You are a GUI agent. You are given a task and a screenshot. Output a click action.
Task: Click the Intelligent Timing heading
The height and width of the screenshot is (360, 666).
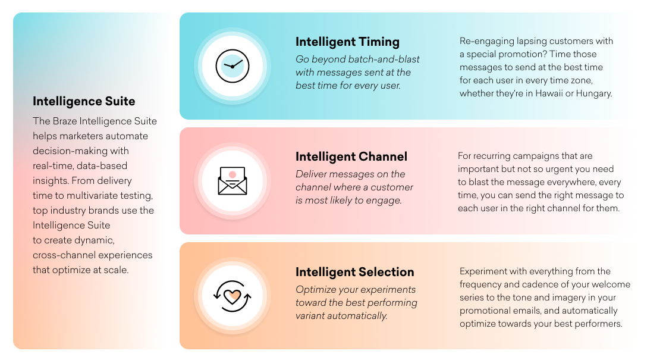pyautogui.click(x=347, y=42)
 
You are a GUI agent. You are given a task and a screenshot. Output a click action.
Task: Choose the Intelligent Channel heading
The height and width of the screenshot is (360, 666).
pyautogui.click(x=351, y=156)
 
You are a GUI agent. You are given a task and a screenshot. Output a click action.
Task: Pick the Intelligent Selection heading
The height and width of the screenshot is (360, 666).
pyautogui.click(x=354, y=272)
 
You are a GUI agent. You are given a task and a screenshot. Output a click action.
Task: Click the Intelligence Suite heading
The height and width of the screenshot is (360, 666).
pyautogui.click(x=84, y=101)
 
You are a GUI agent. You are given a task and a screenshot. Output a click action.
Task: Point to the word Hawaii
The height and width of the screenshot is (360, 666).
pyautogui.click(x=565, y=93)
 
